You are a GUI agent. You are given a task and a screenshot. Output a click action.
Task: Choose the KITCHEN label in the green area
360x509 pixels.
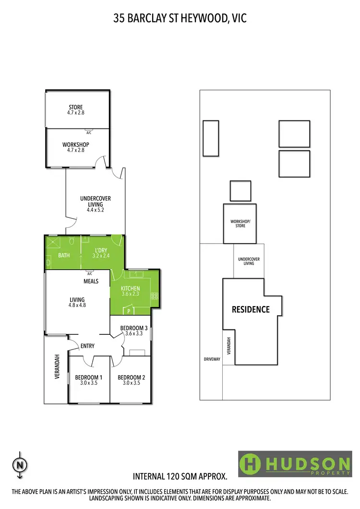tap(130, 291)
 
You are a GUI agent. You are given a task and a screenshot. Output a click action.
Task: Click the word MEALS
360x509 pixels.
tap(91, 281)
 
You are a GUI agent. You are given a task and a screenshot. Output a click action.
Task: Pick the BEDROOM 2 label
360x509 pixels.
tap(131, 380)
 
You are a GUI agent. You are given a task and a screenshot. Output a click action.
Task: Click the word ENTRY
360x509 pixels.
tap(87, 346)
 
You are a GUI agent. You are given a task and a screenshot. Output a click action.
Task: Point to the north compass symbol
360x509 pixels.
tap(20, 465)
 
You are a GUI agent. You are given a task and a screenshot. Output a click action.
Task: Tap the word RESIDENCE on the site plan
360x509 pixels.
tap(251, 309)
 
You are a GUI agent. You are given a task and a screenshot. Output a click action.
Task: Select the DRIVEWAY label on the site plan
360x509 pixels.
tap(211, 359)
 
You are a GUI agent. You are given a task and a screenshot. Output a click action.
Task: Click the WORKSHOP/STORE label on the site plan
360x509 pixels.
tap(240, 223)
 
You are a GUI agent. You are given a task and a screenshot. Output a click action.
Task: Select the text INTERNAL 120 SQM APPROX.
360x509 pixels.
tap(180, 477)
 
